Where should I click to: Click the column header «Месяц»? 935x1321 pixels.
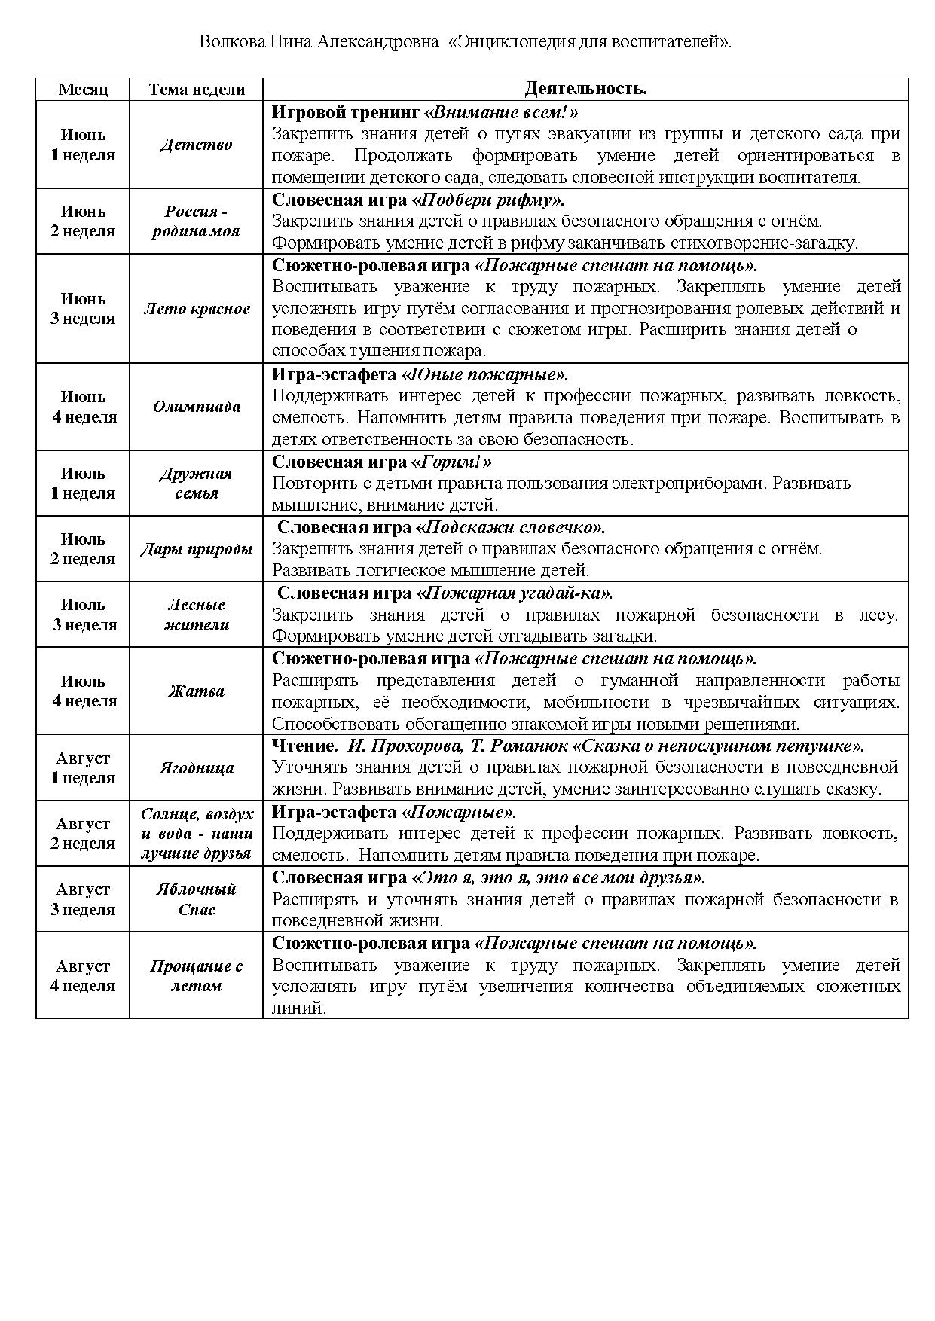coord(83,89)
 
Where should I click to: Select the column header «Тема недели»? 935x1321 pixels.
coord(197,89)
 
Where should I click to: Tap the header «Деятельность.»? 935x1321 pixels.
coord(585,89)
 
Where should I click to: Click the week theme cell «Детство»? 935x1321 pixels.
coord(196,145)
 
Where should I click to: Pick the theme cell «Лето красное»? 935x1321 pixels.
coord(197,309)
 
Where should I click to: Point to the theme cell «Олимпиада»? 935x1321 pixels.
coord(197,407)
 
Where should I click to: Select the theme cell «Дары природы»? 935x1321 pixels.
coord(197,549)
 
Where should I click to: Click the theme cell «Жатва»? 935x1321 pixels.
coord(196,691)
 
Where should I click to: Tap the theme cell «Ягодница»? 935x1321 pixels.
coord(197,768)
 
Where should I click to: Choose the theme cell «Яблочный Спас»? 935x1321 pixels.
coord(197,899)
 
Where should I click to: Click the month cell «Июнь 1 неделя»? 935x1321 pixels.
coord(83,145)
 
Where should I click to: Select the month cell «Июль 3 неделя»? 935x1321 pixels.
coord(83,615)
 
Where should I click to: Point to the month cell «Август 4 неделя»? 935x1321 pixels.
coord(83,975)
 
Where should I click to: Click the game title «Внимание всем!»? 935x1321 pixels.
coord(502,113)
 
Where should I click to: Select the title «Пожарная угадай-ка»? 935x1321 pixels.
coord(515,593)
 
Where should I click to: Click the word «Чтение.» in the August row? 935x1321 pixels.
coord(304,746)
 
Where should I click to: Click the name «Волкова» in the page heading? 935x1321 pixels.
coord(231,41)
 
